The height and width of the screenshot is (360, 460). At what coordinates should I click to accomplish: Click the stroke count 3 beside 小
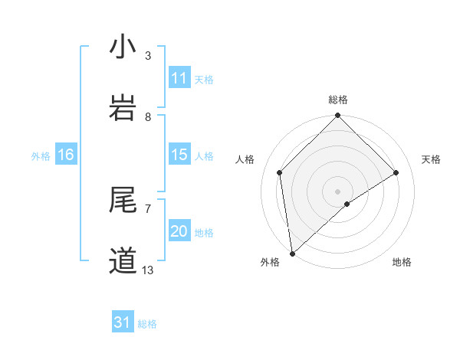[148, 56]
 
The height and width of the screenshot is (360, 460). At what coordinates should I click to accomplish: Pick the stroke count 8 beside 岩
[148, 116]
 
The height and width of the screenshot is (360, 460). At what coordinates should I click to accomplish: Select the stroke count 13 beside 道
[148, 270]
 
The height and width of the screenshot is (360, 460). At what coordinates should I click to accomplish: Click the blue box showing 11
[179, 78]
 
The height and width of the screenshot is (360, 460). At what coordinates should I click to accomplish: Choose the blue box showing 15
[179, 155]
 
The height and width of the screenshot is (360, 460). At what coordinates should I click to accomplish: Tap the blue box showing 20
[179, 231]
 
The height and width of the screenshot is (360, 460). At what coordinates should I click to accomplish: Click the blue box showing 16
[66, 155]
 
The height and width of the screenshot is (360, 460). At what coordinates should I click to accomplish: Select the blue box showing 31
[123, 322]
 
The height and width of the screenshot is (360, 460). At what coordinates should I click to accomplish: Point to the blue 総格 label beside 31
[148, 324]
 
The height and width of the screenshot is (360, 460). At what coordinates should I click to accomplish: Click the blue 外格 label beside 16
[41, 156]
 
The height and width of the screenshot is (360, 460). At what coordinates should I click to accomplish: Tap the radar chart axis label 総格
[338, 100]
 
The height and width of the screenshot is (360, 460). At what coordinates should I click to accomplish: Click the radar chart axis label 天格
[432, 159]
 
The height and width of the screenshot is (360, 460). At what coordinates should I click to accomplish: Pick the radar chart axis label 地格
[402, 262]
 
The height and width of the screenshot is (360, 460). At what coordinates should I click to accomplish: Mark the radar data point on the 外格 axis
[292, 253]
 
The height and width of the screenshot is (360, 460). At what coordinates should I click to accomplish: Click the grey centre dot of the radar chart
[338, 191]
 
